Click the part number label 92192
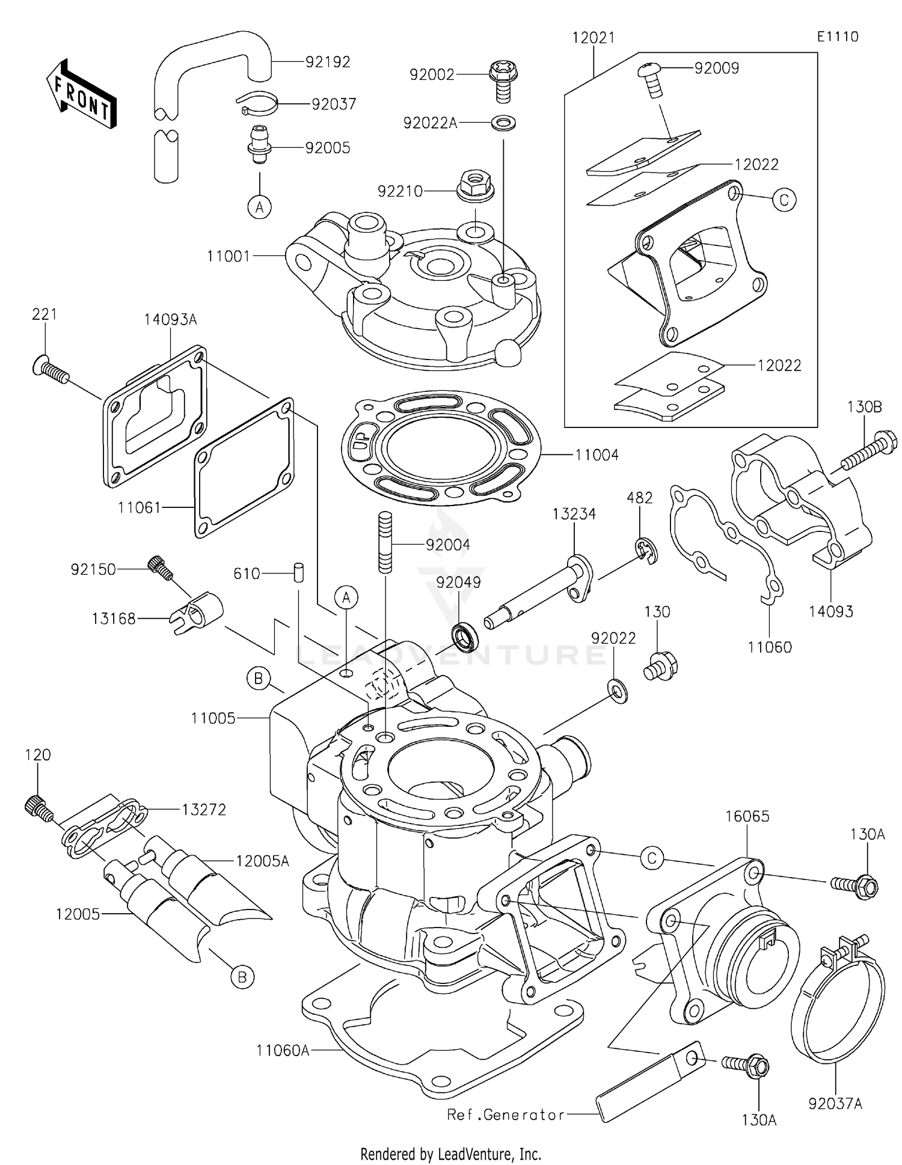(327, 63)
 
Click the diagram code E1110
(837, 37)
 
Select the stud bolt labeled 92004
(385, 542)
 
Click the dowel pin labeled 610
(298, 572)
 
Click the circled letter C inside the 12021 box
(784, 200)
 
